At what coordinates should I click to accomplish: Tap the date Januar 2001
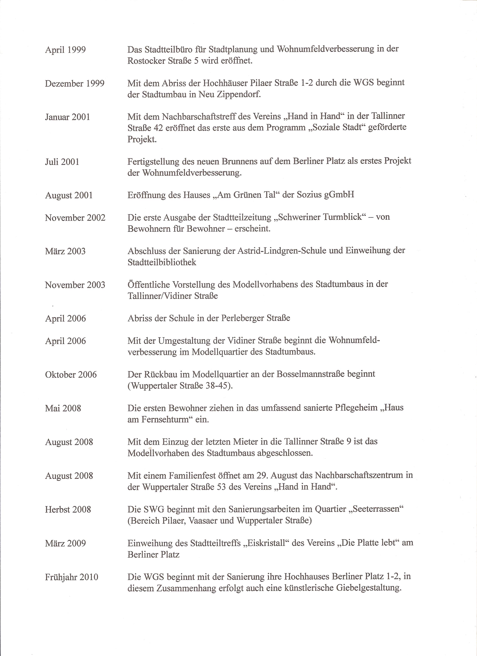point(67,117)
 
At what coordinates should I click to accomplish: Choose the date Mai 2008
point(63,408)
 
